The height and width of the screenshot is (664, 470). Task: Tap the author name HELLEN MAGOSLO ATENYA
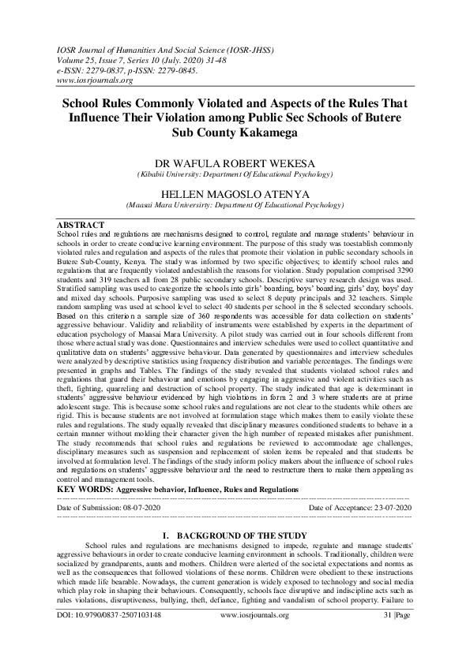pos(235,193)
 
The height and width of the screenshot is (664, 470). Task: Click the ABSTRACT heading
pos(82,225)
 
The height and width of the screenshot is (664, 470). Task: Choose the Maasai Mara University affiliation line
pos(235,205)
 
